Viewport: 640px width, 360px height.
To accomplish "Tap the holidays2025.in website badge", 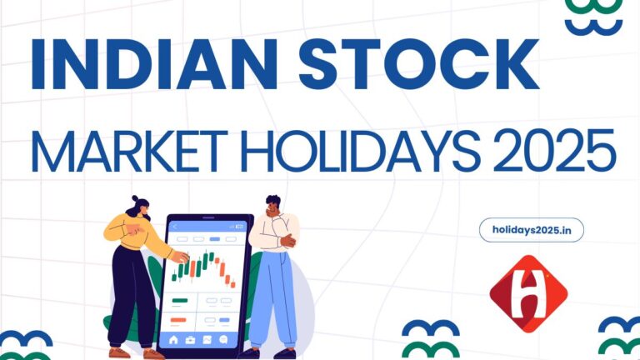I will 532,230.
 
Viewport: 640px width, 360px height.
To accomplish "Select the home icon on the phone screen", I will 174,340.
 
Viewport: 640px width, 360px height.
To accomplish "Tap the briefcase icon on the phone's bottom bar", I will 191,340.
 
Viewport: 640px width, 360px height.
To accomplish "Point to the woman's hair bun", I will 131,201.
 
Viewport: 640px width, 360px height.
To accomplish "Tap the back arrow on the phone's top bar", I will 174,224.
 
